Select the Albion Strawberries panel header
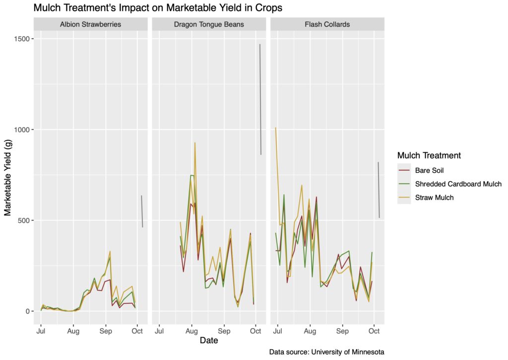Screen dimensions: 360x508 [x=90, y=24]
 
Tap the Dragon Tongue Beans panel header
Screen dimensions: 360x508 [x=209, y=24]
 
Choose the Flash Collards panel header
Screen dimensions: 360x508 [x=327, y=24]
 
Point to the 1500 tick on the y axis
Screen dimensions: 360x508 [x=21, y=39]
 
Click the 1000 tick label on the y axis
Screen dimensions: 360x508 [x=21, y=130]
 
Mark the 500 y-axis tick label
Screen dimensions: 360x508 [x=23, y=220]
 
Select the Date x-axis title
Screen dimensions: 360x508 [x=209, y=341]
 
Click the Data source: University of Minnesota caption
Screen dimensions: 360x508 [x=326, y=352]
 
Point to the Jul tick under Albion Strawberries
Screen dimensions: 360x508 [x=41, y=330]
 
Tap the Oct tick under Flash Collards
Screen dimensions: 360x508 [x=374, y=330]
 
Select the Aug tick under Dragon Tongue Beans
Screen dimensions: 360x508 [x=191, y=330]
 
